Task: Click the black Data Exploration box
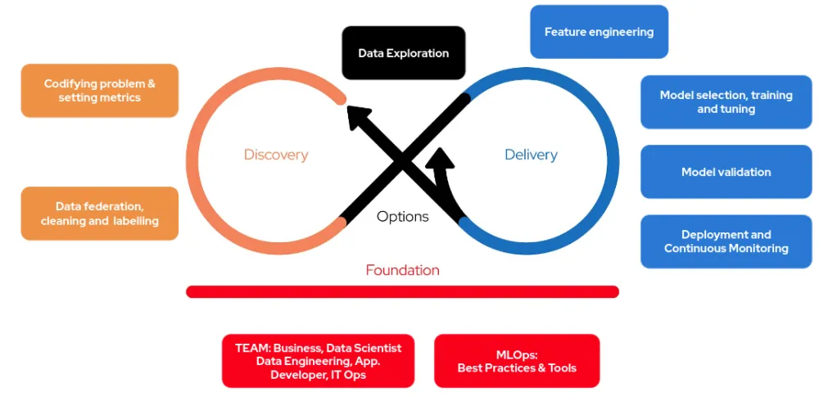403,53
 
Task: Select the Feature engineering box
599,32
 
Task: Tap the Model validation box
726,172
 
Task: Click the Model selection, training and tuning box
726,102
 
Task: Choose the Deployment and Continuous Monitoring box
726,241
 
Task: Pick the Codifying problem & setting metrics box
99,90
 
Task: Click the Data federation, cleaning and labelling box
99,214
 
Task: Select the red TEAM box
318,361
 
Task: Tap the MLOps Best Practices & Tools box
517,361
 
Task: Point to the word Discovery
276,155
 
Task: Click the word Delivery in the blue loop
531,155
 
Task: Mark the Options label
403,217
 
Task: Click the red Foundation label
402,270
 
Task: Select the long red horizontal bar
402,291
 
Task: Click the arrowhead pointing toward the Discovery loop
359,117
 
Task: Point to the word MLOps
517,354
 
